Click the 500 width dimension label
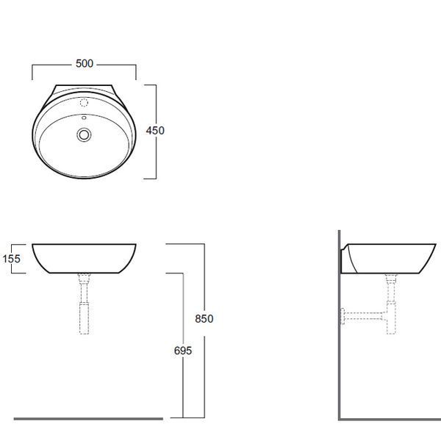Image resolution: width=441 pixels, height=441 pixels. pos(85,63)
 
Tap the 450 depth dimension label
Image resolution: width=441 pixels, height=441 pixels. pos(155,131)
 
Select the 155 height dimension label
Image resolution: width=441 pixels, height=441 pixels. pos(12,259)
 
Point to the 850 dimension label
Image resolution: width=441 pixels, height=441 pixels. pos(204,319)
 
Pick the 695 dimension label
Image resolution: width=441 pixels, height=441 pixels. pos(183,351)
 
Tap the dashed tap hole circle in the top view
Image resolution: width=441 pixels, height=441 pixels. pos(84,103)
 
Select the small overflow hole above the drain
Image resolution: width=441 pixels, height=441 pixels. pos(84,118)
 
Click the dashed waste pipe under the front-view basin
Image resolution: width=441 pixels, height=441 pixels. pos(84,304)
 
